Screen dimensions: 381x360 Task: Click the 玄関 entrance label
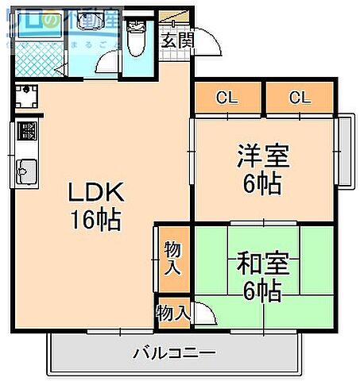176,41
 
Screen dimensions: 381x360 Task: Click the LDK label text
93,192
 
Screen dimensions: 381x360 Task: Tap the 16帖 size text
93,220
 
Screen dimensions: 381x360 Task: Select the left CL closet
226,98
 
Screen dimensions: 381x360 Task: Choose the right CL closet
298,98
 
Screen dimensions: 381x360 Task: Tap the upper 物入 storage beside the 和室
172,259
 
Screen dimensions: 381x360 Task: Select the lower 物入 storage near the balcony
172,312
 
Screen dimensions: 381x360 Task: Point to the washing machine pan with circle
25,98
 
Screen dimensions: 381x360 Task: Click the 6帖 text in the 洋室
261,184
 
